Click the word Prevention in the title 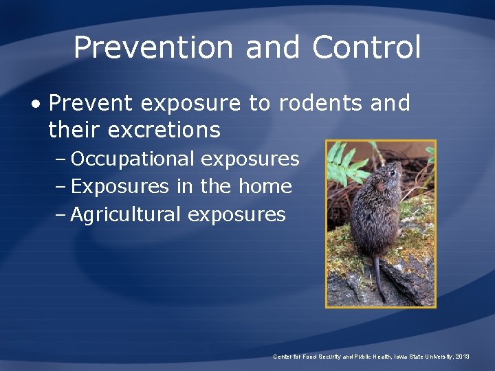point(153,47)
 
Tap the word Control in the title point(366,47)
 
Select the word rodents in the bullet point(321,103)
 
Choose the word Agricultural point(126,214)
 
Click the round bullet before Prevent point(36,104)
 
